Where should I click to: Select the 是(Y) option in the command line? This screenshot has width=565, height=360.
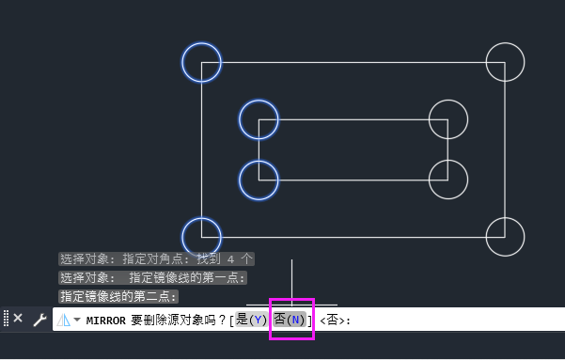(x=252, y=320)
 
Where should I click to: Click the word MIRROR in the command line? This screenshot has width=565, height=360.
(x=106, y=320)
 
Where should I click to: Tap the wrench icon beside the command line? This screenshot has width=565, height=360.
(x=39, y=320)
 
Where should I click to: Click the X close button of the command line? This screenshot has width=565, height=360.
(x=18, y=319)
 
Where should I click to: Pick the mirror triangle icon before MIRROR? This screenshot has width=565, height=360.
(x=64, y=320)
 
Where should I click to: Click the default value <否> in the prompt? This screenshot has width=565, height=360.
(x=334, y=321)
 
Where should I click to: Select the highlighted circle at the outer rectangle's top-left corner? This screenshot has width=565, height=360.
(x=201, y=63)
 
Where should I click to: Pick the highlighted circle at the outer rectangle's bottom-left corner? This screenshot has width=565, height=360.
(x=201, y=237)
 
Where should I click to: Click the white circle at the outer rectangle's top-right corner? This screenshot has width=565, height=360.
(x=505, y=62)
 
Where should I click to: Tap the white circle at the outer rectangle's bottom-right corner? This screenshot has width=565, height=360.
(x=505, y=237)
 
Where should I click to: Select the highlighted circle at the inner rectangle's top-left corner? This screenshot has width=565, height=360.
(x=259, y=119)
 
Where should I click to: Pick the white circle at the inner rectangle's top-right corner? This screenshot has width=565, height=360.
(x=447, y=119)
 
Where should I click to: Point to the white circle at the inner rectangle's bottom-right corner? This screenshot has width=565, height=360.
(x=447, y=179)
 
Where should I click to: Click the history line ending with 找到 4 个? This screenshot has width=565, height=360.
(x=156, y=258)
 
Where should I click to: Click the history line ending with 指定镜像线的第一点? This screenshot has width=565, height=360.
(x=152, y=277)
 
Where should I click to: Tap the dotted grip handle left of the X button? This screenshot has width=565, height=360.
(x=6, y=319)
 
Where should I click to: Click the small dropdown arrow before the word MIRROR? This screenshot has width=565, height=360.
(x=76, y=320)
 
